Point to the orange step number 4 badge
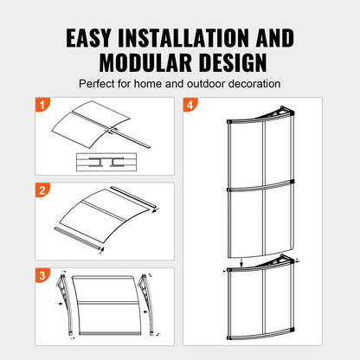pos(190,106)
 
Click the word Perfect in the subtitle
pos(99,84)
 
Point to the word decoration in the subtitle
pos(252,84)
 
